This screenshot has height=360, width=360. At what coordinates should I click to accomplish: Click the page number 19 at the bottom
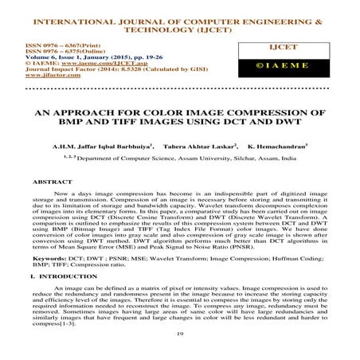179,338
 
